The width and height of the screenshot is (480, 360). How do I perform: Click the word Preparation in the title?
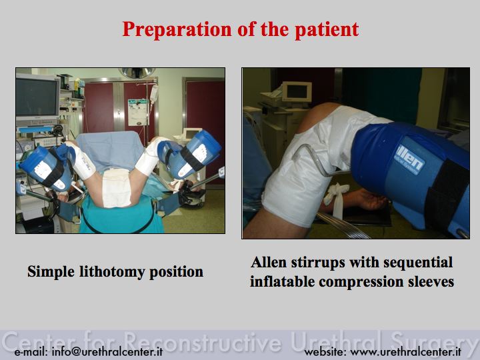(177, 30)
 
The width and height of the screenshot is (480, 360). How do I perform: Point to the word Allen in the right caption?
(269, 263)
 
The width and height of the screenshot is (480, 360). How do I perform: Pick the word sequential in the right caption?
(418, 263)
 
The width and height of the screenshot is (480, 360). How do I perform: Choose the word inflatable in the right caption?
(282, 281)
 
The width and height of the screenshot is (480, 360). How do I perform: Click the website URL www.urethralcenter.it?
(405, 352)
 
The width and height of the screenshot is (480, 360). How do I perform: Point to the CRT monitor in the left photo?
(37, 97)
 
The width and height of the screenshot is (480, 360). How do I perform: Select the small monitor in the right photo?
(296, 91)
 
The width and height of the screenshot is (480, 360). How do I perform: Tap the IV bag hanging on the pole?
(154, 94)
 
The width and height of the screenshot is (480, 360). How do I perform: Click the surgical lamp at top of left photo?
(137, 73)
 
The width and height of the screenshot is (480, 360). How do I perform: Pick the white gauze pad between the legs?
(116, 187)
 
